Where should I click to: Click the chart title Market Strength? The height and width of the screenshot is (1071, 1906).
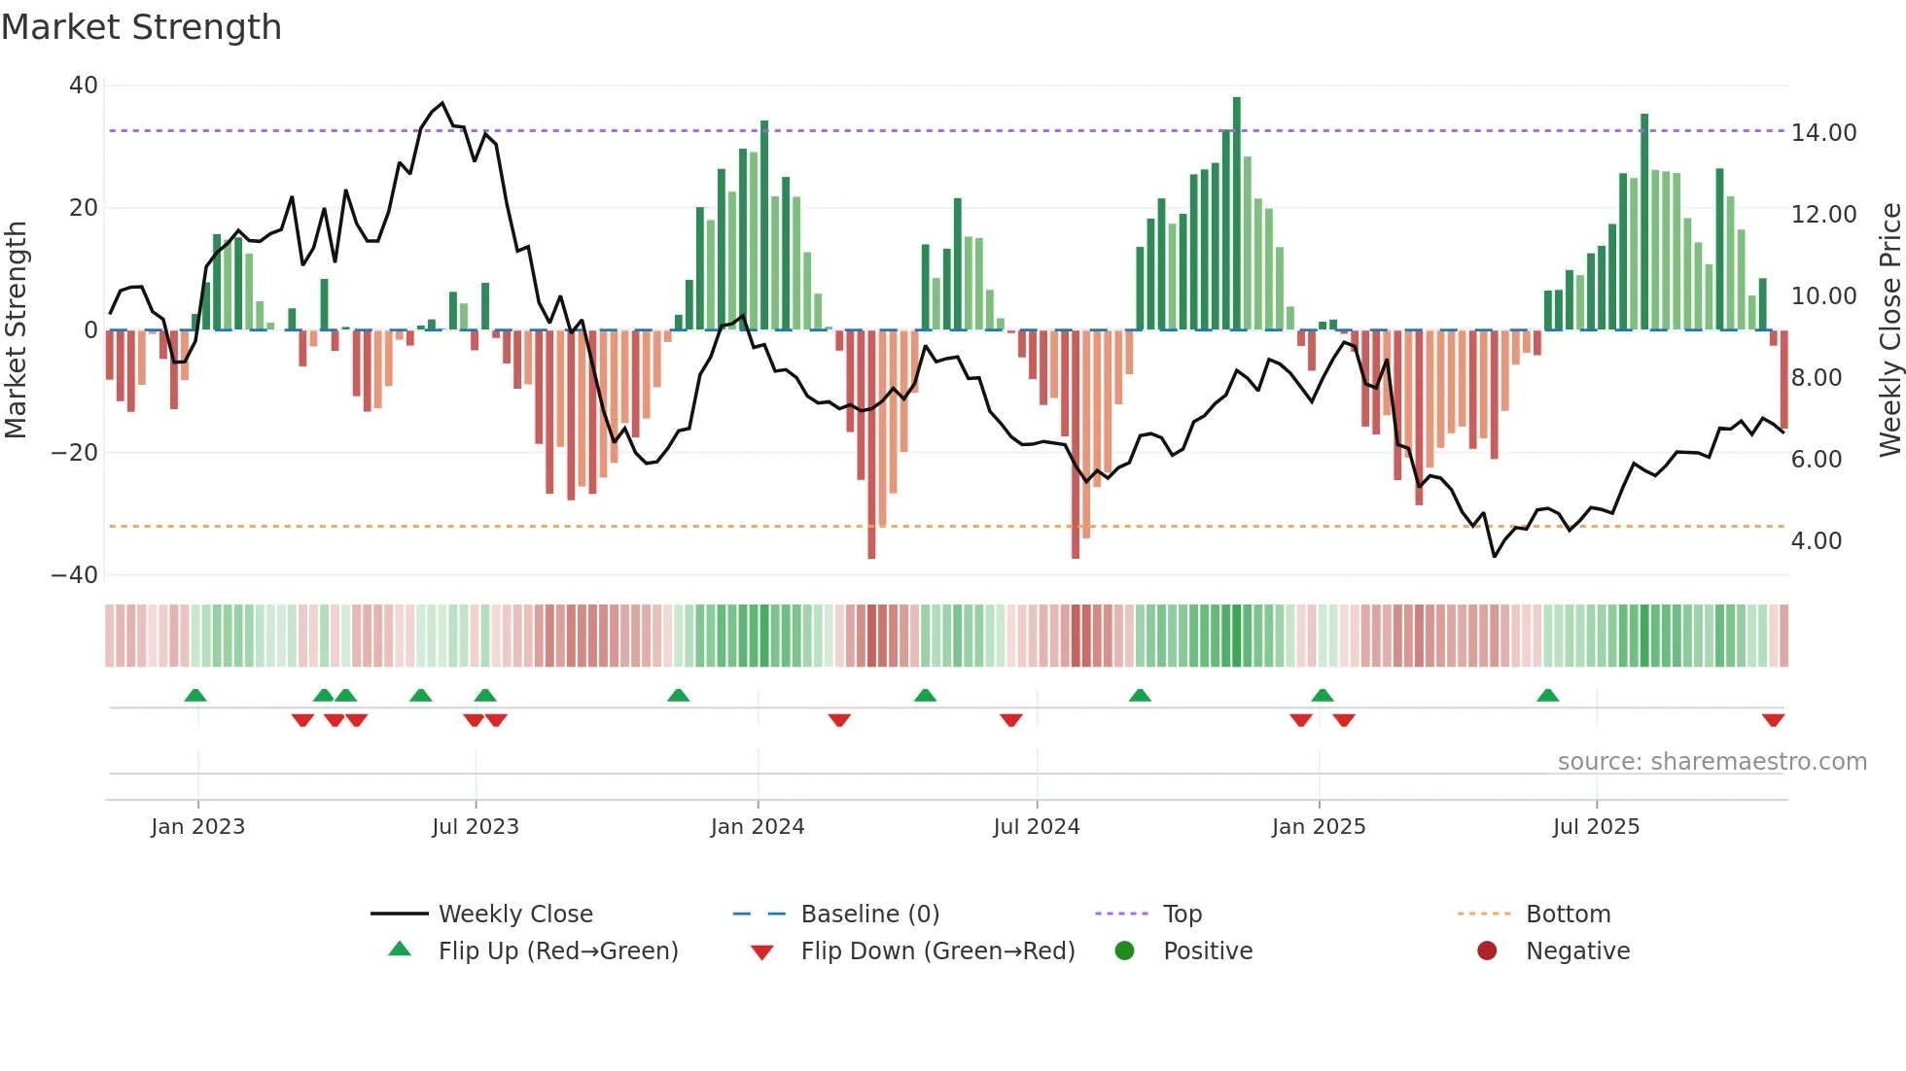click(x=141, y=27)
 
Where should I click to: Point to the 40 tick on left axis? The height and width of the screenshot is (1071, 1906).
click(x=84, y=86)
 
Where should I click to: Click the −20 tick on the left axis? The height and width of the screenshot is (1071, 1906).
click(x=75, y=453)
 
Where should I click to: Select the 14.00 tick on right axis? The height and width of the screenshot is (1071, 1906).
click(x=1823, y=133)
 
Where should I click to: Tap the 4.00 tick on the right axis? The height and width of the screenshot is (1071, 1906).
click(x=1816, y=541)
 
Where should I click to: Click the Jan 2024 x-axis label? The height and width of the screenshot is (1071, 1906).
click(x=758, y=827)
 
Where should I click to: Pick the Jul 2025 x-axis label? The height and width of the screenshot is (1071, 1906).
click(x=1596, y=827)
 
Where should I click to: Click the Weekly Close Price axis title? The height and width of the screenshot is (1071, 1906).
click(x=1889, y=329)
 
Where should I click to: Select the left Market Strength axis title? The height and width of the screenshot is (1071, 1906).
click(x=17, y=329)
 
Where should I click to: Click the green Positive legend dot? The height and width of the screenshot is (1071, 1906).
click(x=1125, y=951)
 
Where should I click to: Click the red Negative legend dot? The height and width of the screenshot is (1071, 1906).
click(x=1487, y=951)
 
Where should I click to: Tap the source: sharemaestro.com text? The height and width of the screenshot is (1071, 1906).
click(x=1712, y=762)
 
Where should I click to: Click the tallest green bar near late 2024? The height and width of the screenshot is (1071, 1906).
click(x=1237, y=214)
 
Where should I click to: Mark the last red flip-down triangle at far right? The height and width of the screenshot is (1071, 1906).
click(x=1773, y=720)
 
